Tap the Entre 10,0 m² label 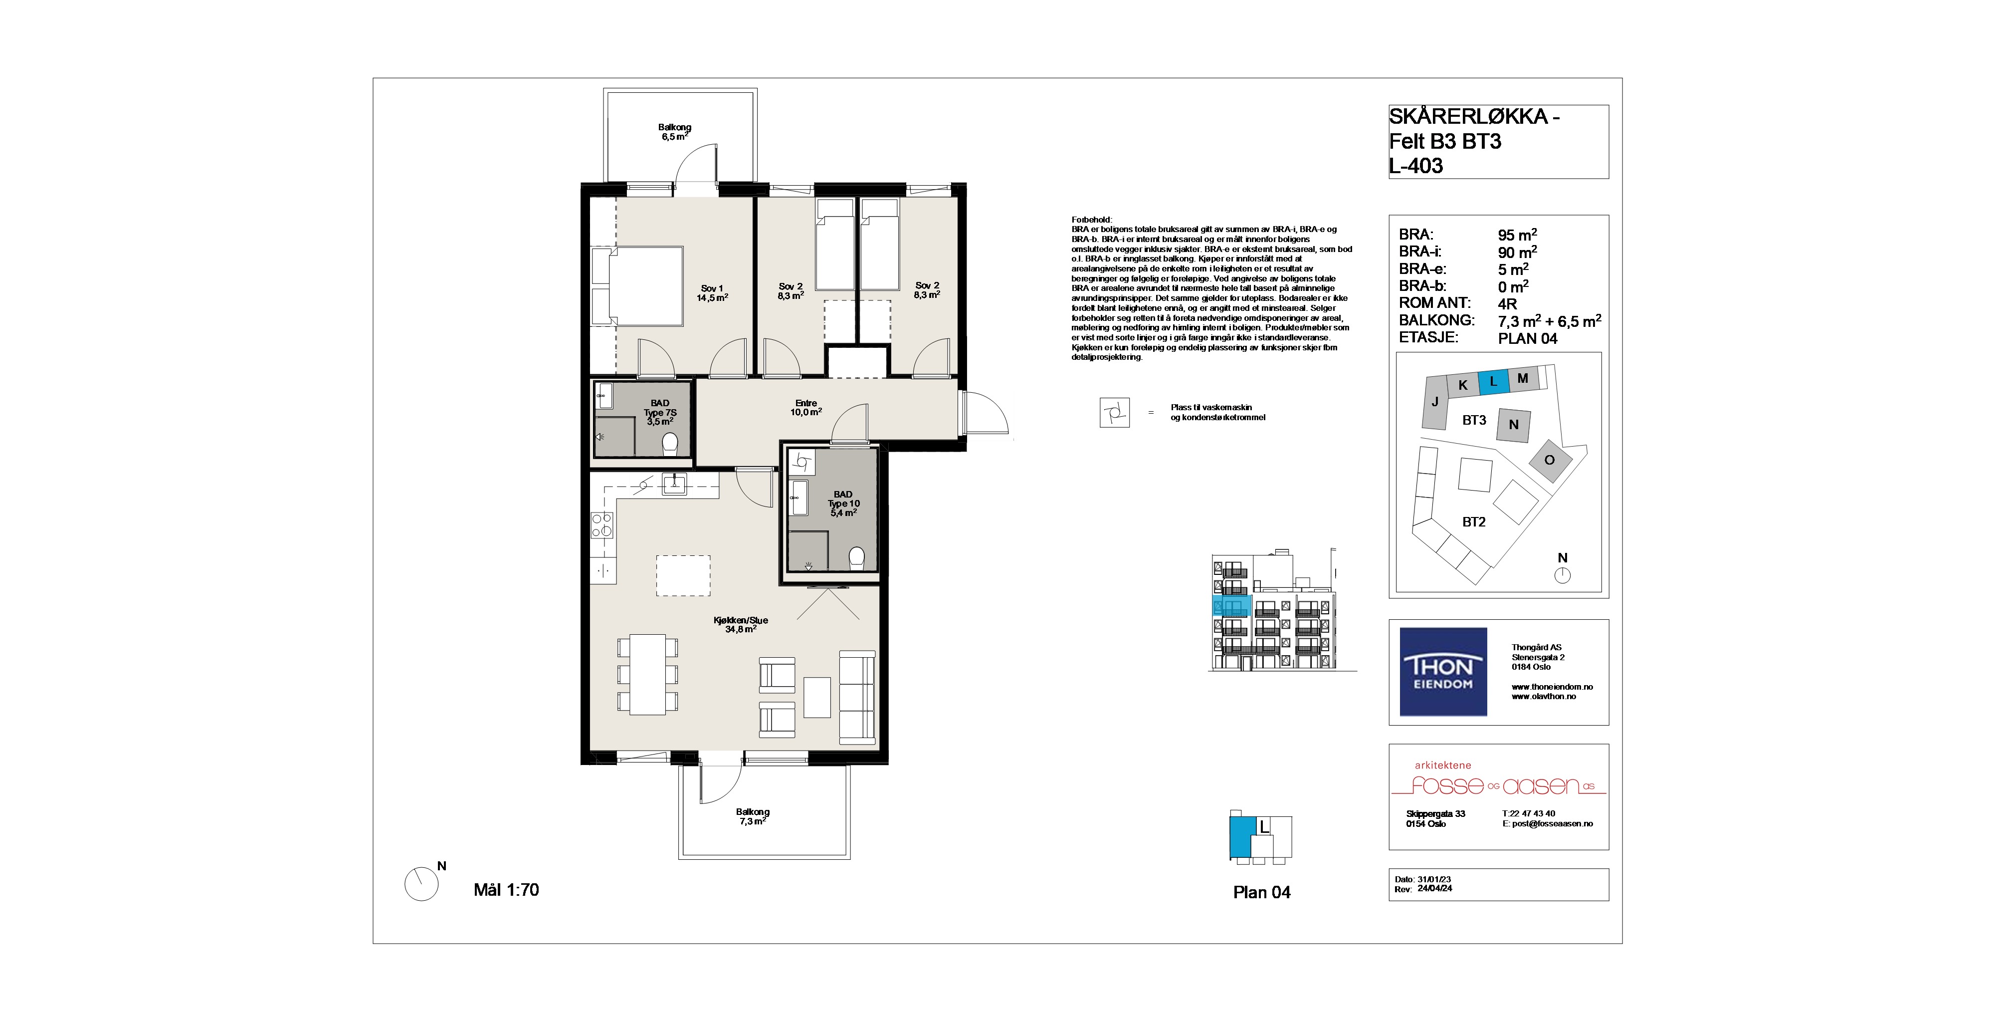pos(805,408)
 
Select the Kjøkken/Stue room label pos(740,624)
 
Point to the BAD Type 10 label pos(843,504)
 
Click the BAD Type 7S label pos(660,412)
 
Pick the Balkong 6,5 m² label pos(674,132)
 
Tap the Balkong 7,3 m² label pos(752,816)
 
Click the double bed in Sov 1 pos(636,286)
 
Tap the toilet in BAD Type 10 pos(856,558)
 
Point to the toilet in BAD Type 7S pos(670,444)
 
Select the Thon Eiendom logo pos(1443,672)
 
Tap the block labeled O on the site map pos(1549,460)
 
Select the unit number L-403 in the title pos(1416,166)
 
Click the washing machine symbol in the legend pos(1114,412)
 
